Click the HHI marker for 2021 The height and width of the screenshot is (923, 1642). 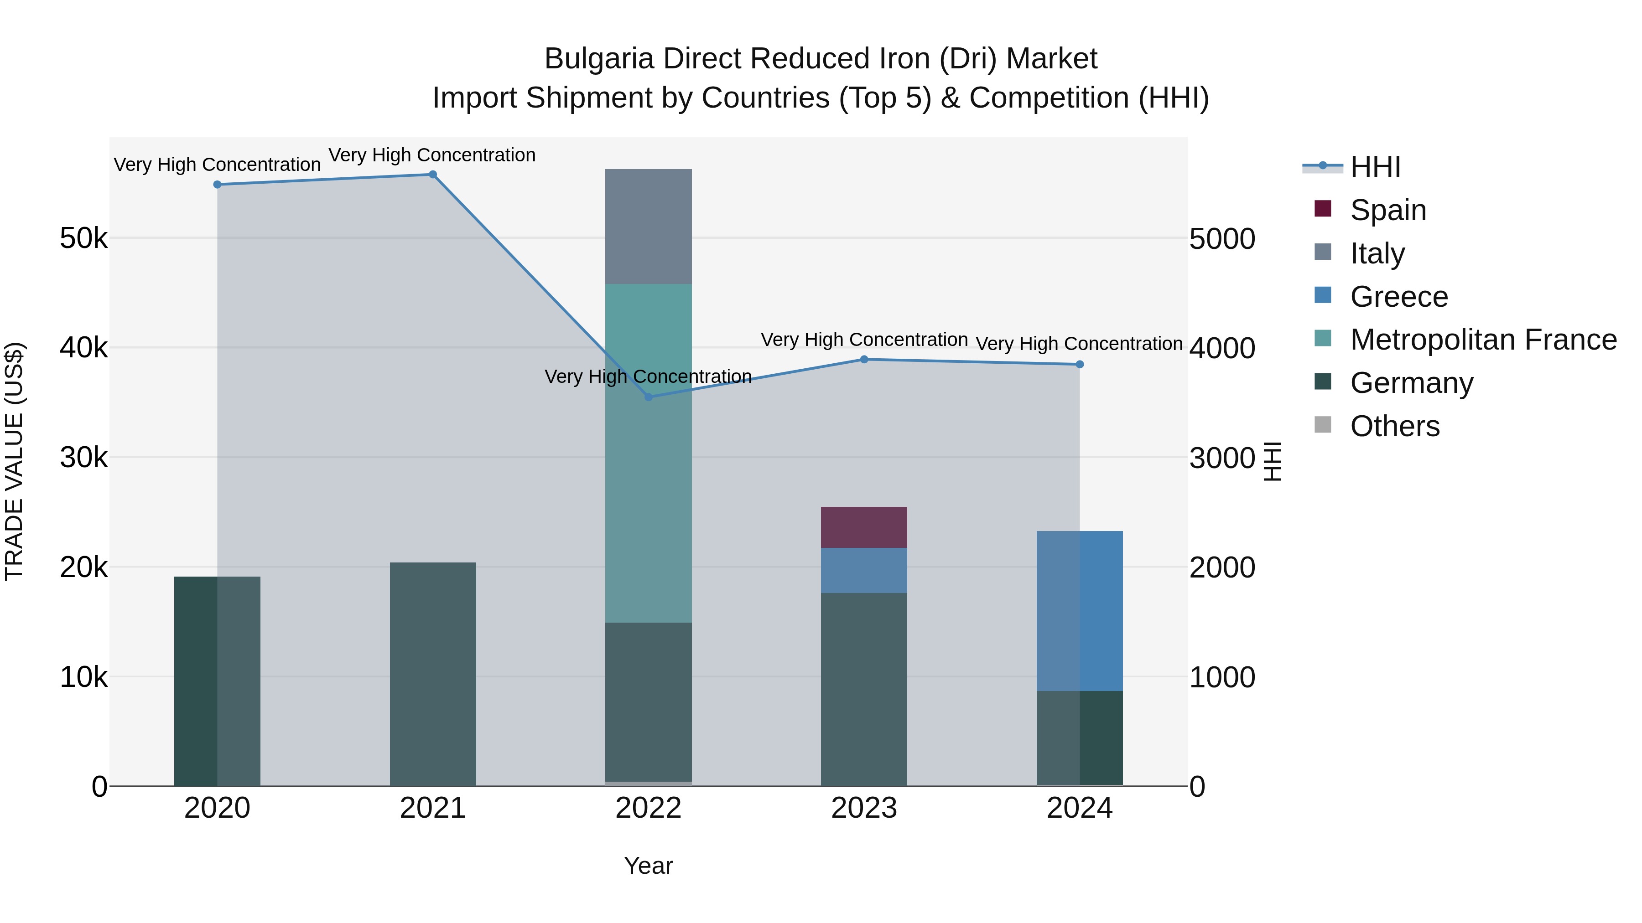pyautogui.click(x=432, y=175)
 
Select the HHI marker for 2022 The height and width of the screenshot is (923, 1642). pyautogui.click(x=648, y=397)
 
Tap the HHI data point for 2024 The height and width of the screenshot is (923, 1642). pyautogui.click(x=1079, y=364)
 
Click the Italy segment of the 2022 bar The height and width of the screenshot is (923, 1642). pyautogui.click(x=648, y=226)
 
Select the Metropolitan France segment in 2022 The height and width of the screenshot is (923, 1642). pyautogui.click(x=648, y=452)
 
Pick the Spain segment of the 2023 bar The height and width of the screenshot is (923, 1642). pyautogui.click(x=864, y=527)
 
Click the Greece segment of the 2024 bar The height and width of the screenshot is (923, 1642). pyautogui.click(x=1079, y=610)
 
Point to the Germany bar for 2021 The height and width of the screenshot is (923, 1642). pyautogui.click(x=432, y=674)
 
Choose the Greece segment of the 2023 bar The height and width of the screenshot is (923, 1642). pyautogui.click(x=864, y=570)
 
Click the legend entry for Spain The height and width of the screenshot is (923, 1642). pyautogui.click(x=1387, y=210)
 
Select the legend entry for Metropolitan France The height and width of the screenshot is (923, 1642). pyautogui.click(x=1483, y=340)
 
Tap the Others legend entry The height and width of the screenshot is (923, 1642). pyautogui.click(x=1394, y=426)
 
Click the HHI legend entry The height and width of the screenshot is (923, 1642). pyautogui.click(x=1375, y=167)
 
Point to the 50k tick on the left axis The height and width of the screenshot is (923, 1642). pyautogui.click(x=83, y=239)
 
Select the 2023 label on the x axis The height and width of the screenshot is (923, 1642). pyautogui.click(x=864, y=808)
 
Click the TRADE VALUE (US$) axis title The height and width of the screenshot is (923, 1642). pyautogui.click(x=14, y=461)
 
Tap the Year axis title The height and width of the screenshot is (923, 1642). pyautogui.click(x=648, y=866)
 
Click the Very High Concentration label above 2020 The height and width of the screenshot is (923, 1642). pyautogui.click(x=217, y=165)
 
